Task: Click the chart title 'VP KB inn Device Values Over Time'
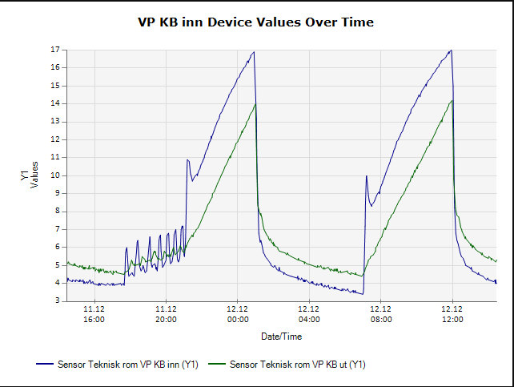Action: coord(256,22)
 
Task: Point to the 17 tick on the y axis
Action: coord(56,50)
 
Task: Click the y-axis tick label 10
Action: coord(56,175)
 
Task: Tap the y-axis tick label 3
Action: coord(58,300)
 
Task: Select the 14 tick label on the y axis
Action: coord(56,103)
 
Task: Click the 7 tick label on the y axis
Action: coord(58,229)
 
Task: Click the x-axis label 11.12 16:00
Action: coord(94,313)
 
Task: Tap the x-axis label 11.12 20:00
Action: coord(166,313)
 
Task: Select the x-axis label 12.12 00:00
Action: coord(238,313)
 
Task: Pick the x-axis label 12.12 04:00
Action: coord(309,313)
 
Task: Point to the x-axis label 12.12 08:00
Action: coord(381,313)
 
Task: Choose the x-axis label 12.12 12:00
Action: coord(452,313)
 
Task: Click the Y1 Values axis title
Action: coord(29,175)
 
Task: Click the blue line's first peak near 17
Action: coord(254,52)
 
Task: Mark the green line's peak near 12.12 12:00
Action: coord(452,100)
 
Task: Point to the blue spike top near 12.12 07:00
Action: coord(366,176)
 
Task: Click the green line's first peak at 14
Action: coord(255,103)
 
